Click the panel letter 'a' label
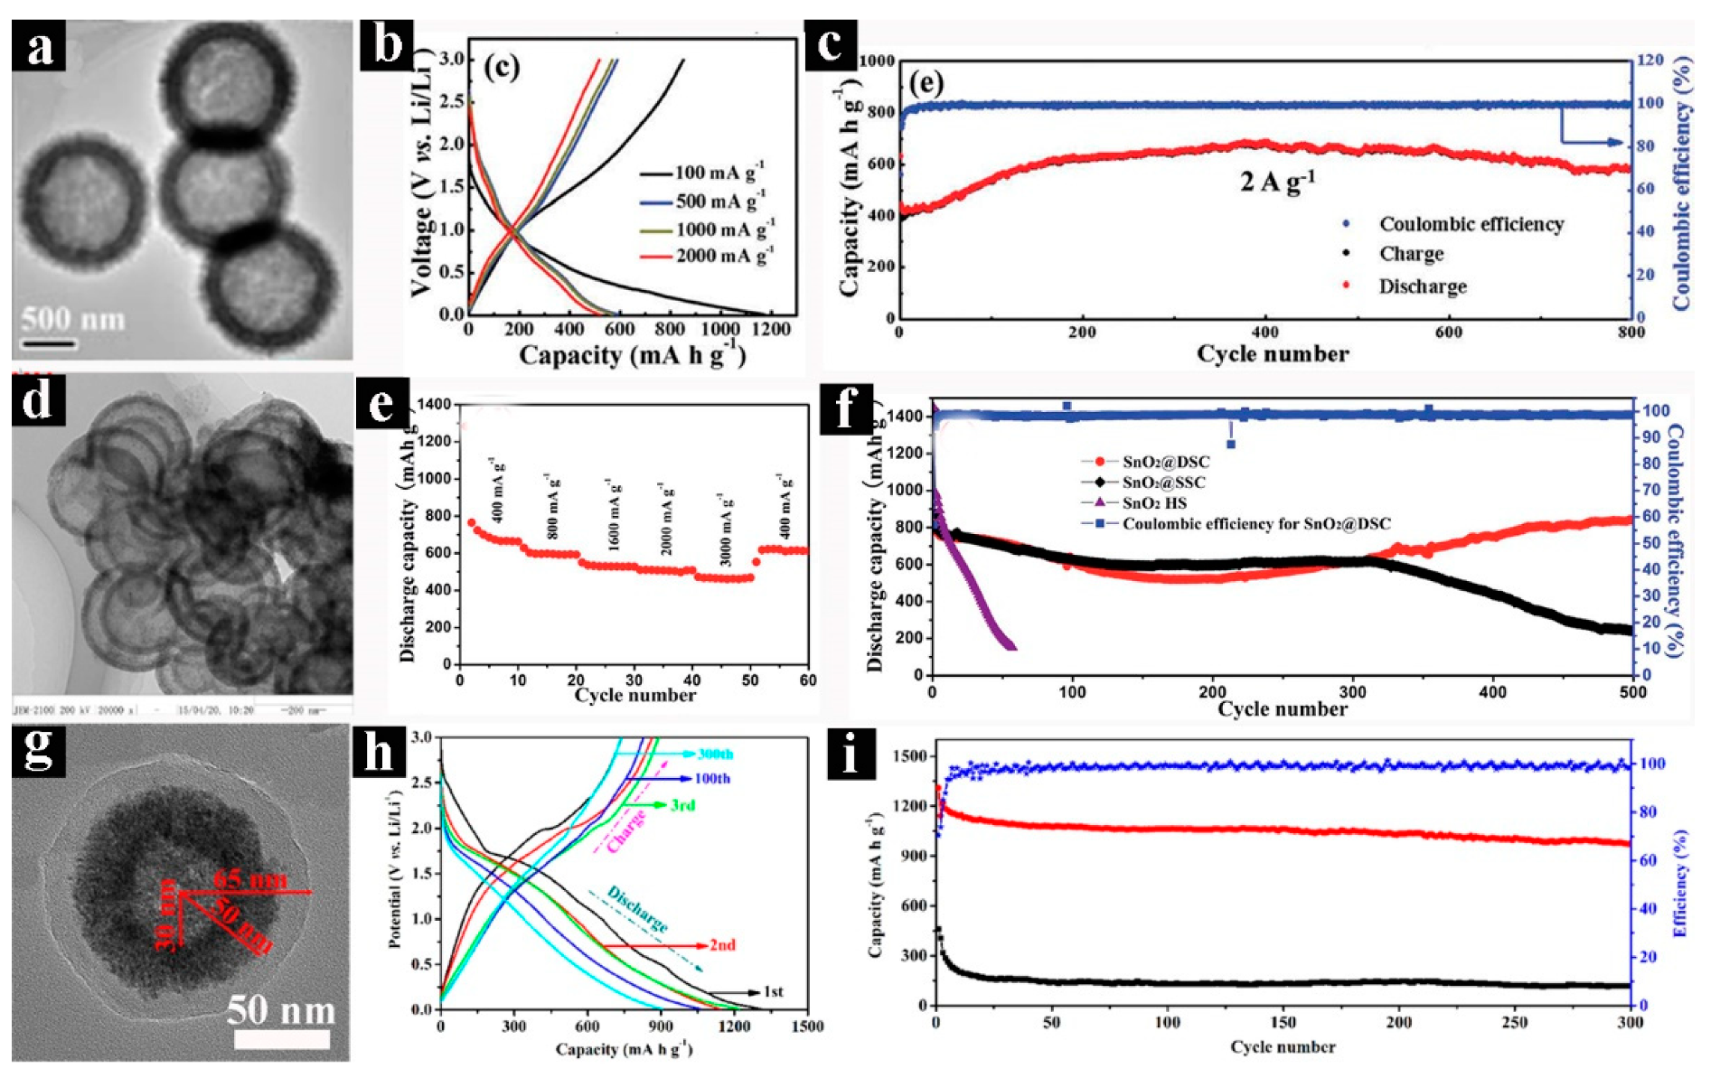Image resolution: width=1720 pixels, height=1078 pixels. [39, 46]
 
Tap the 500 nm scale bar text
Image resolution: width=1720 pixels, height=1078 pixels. [72, 319]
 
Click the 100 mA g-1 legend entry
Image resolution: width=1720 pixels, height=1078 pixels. [720, 173]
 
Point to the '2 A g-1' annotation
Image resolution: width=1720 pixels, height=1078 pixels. [1276, 182]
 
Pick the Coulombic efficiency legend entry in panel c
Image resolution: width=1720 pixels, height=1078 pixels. [1471, 224]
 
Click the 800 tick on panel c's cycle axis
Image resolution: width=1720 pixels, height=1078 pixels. [1631, 332]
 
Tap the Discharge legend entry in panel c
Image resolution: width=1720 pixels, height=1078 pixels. [1422, 286]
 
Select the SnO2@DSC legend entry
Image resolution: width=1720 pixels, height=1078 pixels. [1165, 462]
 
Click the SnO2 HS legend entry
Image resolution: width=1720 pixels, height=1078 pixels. [1154, 503]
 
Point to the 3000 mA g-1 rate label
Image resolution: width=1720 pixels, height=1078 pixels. [725, 530]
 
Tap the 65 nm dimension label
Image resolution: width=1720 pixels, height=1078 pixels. [250, 879]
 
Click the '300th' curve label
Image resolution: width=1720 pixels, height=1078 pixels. [715, 754]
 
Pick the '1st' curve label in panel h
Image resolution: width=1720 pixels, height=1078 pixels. [774, 991]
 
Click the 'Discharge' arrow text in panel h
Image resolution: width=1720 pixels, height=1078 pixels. [637, 909]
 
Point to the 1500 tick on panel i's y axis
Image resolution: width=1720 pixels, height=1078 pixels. [910, 755]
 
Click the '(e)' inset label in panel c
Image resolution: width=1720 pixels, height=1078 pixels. [926, 83]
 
